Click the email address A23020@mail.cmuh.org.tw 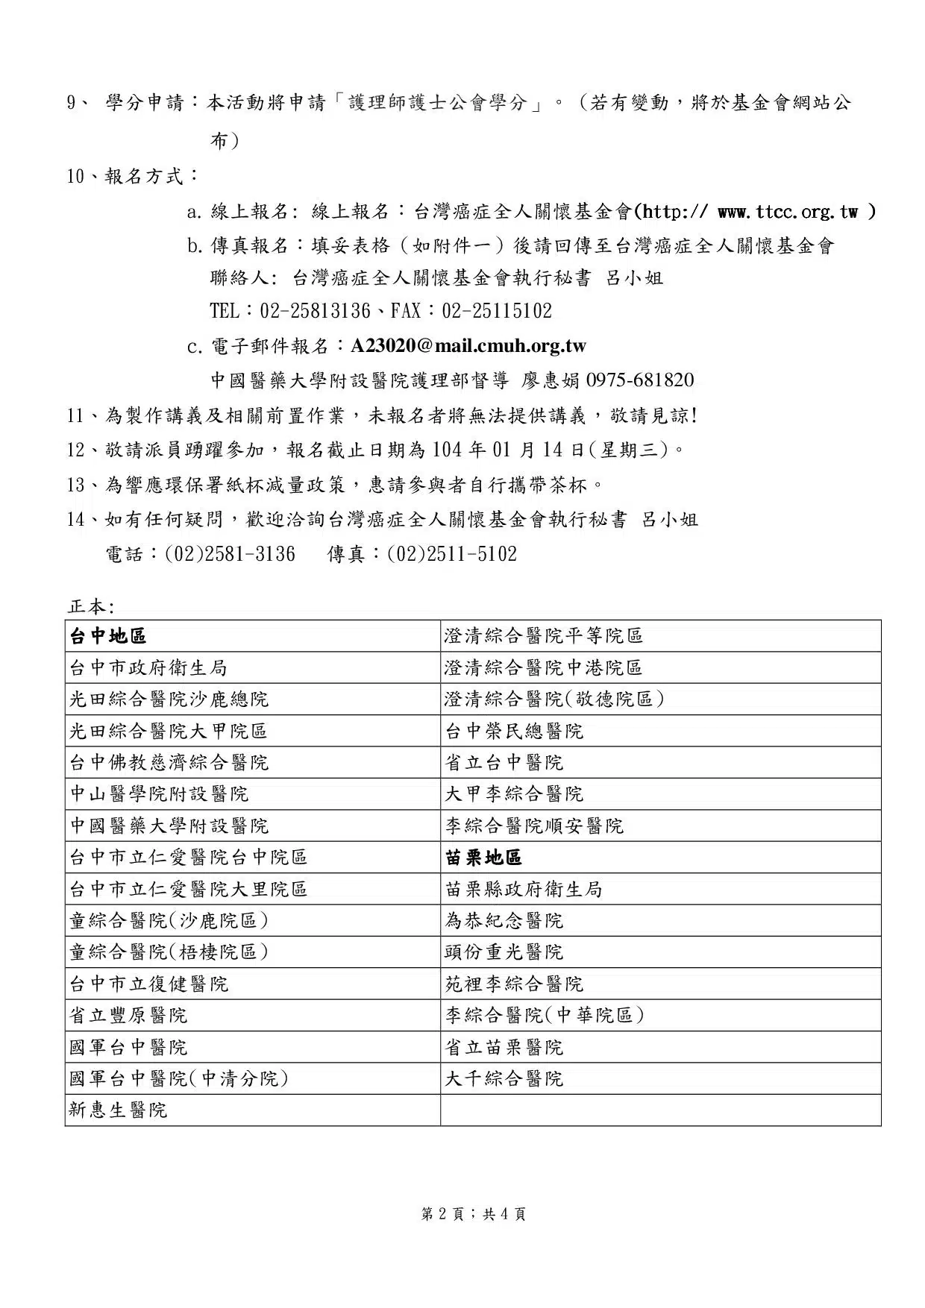tap(468, 346)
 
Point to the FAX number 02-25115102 tap(497, 311)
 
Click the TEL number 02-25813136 tap(315, 311)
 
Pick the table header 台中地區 tap(108, 636)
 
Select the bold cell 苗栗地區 tap(483, 858)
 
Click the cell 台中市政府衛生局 tap(148, 668)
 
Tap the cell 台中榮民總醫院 tap(514, 732)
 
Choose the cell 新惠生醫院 tap(119, 1110)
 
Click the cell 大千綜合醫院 tap(504, 1079)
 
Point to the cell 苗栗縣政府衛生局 tap(524, 890)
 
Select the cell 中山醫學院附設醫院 tap(159, 794)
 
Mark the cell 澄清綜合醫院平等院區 tap(544, 636)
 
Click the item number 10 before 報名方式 tap(75, 177)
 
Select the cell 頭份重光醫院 tap(504, 952)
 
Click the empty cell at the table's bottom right tap(660, 1110)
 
